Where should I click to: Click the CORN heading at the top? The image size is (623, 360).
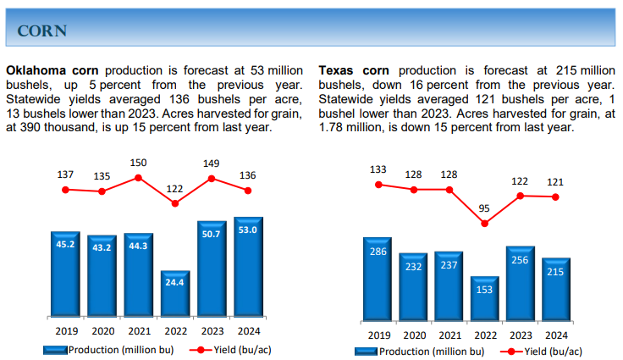(x=42, y=31)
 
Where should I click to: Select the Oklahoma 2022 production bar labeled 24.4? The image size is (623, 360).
(x=175, y=294)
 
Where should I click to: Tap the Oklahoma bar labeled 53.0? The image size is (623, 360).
(x=248, y=267)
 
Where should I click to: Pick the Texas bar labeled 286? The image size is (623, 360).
(x=378, y=278)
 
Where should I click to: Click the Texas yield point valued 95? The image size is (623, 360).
(x=484, y=224)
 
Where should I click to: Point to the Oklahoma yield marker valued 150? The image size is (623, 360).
(x=139, y=178)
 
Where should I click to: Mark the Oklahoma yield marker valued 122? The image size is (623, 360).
(x=175, y=203)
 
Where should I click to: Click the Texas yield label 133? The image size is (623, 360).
(x=378, y=169)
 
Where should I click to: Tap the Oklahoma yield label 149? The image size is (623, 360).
(x=212, y=163)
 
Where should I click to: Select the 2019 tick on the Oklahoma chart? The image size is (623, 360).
(x=65, y=331)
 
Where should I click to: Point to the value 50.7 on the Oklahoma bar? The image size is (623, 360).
(x=212, y=233)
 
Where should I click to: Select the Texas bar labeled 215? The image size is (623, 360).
(x=555, y=288)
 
